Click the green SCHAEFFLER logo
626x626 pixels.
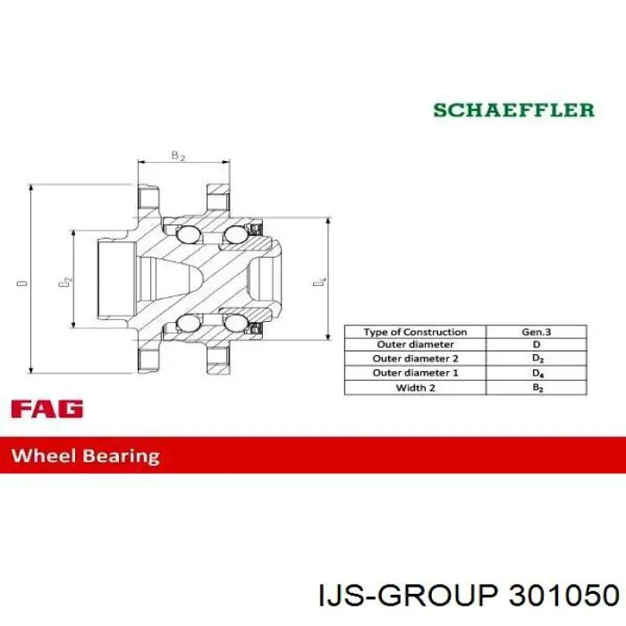coord(514,110)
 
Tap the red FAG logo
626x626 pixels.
coord(47,409)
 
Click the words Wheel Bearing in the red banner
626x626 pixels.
coord(86,456)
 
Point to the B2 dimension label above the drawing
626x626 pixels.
coord(178,156)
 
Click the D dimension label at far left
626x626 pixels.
coord(22,283)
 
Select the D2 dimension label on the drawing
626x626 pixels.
coord(65,282)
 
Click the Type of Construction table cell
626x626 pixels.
coord(415,332)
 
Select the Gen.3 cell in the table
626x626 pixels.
coord(537,332)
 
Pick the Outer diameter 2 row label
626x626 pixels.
coord(415,359)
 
